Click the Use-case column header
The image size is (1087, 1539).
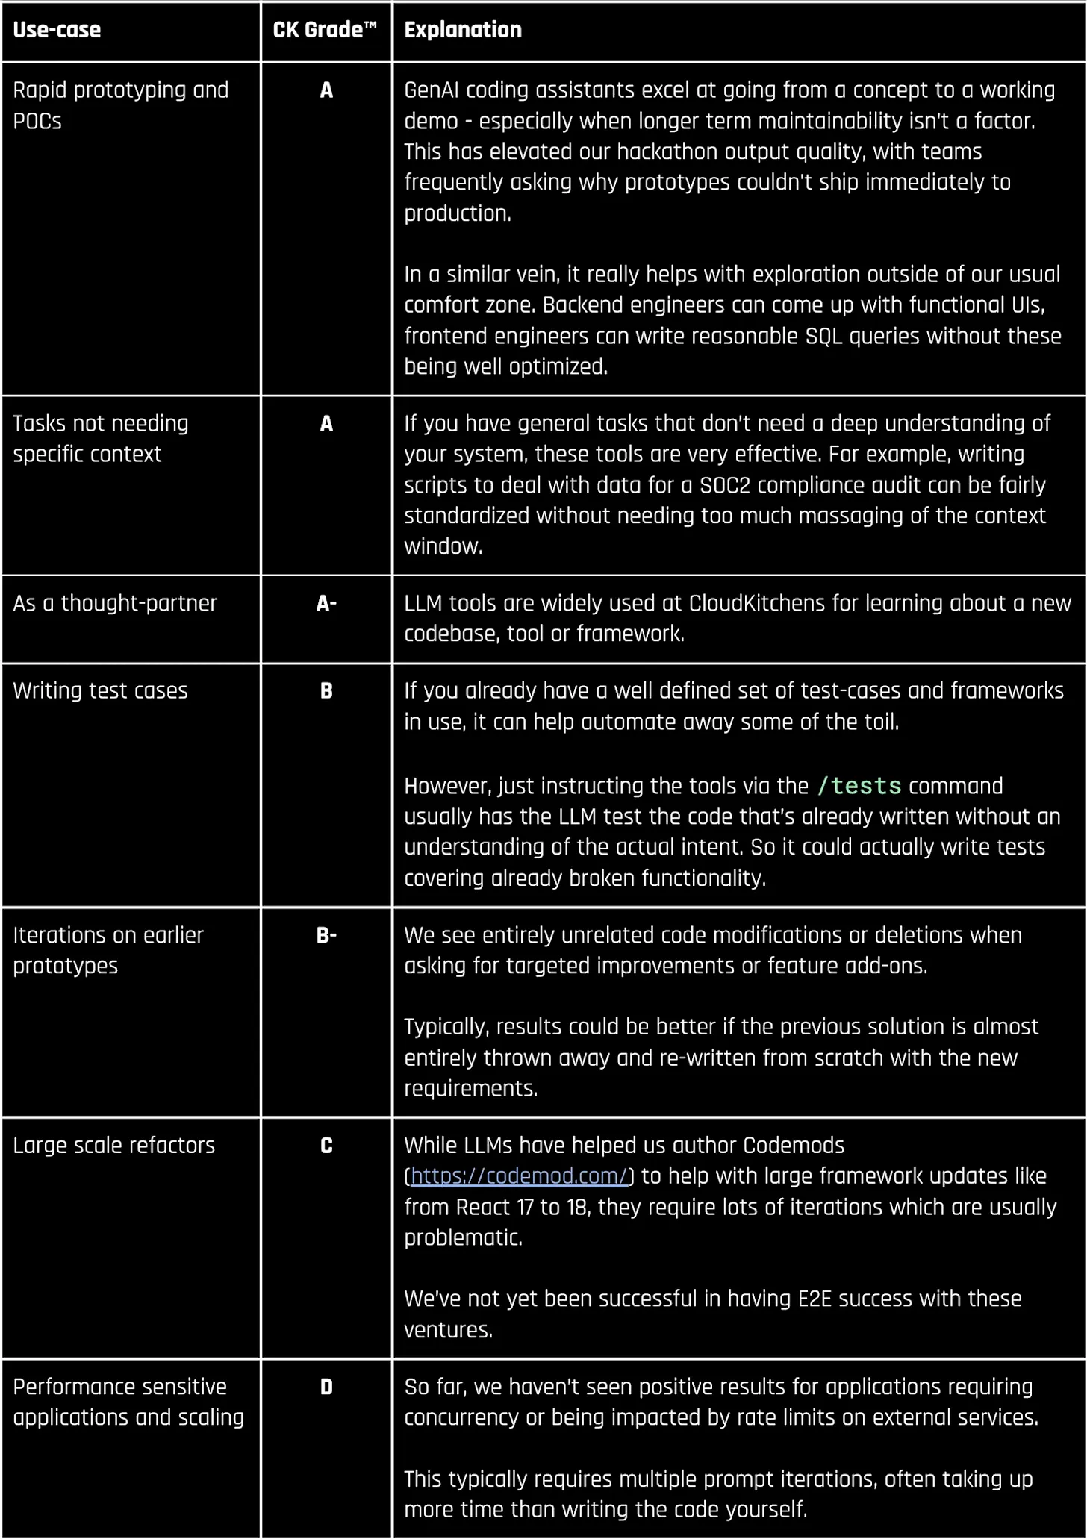click(57, 30)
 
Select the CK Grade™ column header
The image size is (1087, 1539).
click(325, 30)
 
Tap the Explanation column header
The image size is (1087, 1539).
click(463, 30)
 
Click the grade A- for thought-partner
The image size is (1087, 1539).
click(326, 603)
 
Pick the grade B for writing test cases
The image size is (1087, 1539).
click(326, 690)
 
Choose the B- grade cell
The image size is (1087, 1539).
click(326, 935)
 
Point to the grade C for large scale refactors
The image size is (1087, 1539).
click(326, 1145)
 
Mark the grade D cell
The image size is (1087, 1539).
click(326, 1387)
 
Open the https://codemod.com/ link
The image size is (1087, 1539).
click(519, 1176)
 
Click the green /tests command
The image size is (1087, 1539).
click(859, 786)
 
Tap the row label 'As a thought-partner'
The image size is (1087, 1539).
click(115, 603)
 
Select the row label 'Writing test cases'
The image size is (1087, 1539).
click(100, 690)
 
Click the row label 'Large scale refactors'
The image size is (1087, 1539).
click(113, 1145)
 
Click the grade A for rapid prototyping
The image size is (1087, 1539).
click(326, 90)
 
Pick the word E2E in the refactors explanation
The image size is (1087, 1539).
click(815, 1299)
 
